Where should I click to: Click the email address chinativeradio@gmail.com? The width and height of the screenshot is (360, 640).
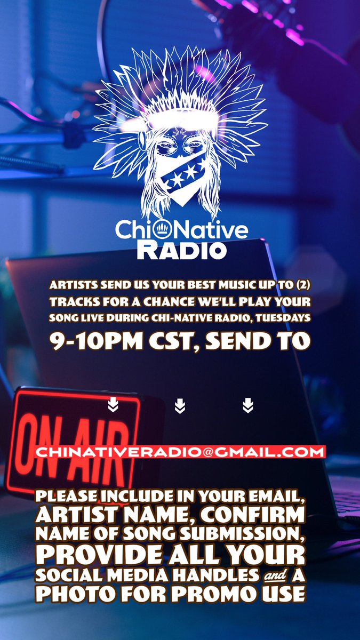click(180, 452)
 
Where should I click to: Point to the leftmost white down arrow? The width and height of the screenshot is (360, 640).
click(113, 406)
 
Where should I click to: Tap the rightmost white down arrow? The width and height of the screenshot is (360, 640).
click(247, 406)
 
